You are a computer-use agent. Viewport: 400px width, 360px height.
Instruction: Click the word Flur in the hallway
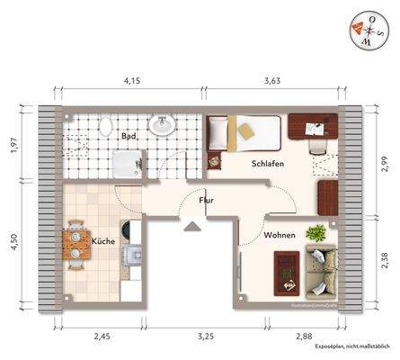tap(206, 200)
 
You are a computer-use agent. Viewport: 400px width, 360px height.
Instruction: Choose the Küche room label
tap(103, 240)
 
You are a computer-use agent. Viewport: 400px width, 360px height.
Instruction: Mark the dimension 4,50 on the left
tap(13, 243)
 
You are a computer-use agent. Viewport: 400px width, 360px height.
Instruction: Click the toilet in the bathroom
tap(106, 128)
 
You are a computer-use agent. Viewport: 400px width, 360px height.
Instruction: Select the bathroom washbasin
tap(163, 125)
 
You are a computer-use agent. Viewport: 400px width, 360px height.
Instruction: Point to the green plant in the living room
tap(316, 232)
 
